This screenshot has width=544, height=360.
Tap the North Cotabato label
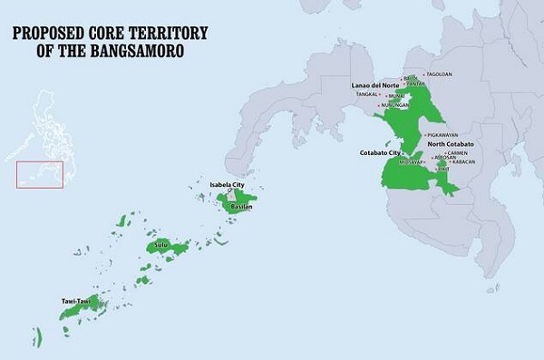pos(452,144)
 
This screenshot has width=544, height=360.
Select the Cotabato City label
pos(382,153)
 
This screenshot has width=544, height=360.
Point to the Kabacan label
pos(461,161)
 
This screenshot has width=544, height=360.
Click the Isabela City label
pos(227,184)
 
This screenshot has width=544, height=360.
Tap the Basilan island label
pos(239,207)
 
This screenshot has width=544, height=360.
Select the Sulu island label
pos(162,245)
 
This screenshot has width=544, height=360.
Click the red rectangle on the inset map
pos(41,174)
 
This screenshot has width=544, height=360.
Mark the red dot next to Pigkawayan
pos(421,135)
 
